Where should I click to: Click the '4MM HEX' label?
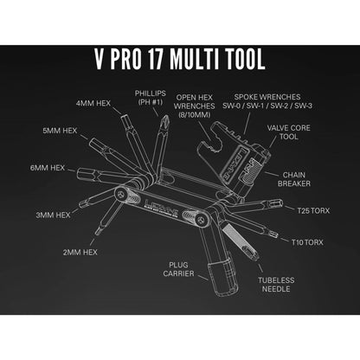[93, 103]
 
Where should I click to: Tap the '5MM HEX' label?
[60, 131]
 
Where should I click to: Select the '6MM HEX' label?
[48, 168]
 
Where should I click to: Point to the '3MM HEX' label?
[53, 215]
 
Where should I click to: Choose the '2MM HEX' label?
[80, 252]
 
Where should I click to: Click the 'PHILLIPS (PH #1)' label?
[151, 98]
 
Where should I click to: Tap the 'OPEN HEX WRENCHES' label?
[195, 102]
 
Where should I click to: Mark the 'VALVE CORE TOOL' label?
[289, 132]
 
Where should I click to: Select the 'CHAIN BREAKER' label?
[294, 179]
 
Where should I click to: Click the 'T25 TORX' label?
[313, 210]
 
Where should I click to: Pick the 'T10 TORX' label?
[307, 242]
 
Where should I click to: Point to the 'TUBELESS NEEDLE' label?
[276, 285]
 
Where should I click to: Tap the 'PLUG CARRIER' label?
[178, 269]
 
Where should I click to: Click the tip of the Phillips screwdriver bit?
[166, 115]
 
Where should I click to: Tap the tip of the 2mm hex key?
[96, 234]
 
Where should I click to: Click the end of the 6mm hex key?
[78, 174]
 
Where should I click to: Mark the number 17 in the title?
[156, 59]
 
